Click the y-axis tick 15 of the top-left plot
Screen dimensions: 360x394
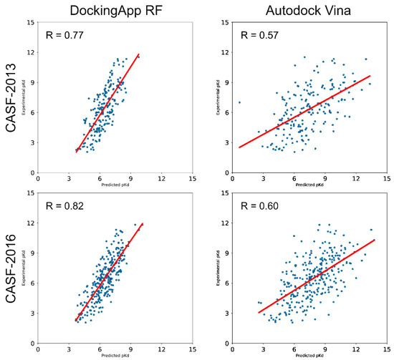(x=31, y=22)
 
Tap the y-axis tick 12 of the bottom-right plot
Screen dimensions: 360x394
(x=225, y=224)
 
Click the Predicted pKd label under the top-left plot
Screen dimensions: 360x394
(x=115, y=186)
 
